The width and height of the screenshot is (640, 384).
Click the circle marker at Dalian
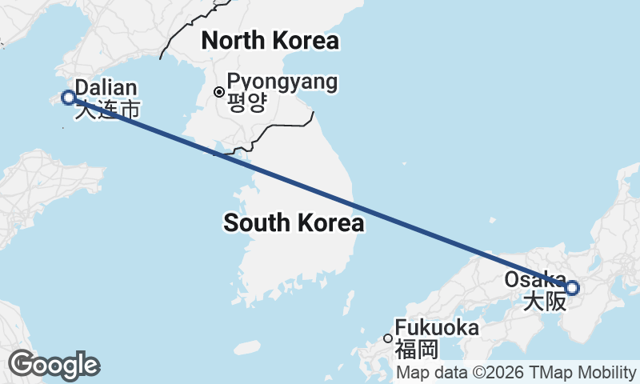pyautogui.click(x=69, y=98)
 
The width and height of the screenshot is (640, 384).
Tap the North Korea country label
pyautogui.click(x=270, y=40)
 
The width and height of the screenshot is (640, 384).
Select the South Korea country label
pyautogui.click(x=294, y=223)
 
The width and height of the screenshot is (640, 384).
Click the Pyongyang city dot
pyautogui.click(x=219, y=92)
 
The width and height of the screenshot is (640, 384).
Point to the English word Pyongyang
pyautogui.click(x=282, y=82)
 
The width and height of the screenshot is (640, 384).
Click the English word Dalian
pyautogui.click(x=106, y=88)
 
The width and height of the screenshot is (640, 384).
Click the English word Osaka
pyautogui.click(x=534, y=279)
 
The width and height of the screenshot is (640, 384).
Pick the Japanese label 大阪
pyautogui.click(x=545, y=302)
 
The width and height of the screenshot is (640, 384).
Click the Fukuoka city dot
pyautogui.click(x=388, y=338)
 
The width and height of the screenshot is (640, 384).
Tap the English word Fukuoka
pyautogui.click(x=437, y=328)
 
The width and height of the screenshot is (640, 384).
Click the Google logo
pyautogui.click(x=54, y=365)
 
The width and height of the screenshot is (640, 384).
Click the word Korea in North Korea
pyautogui.click(x=304, y=40)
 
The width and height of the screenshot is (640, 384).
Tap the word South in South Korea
pyautogui.click(x=254, y=223)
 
